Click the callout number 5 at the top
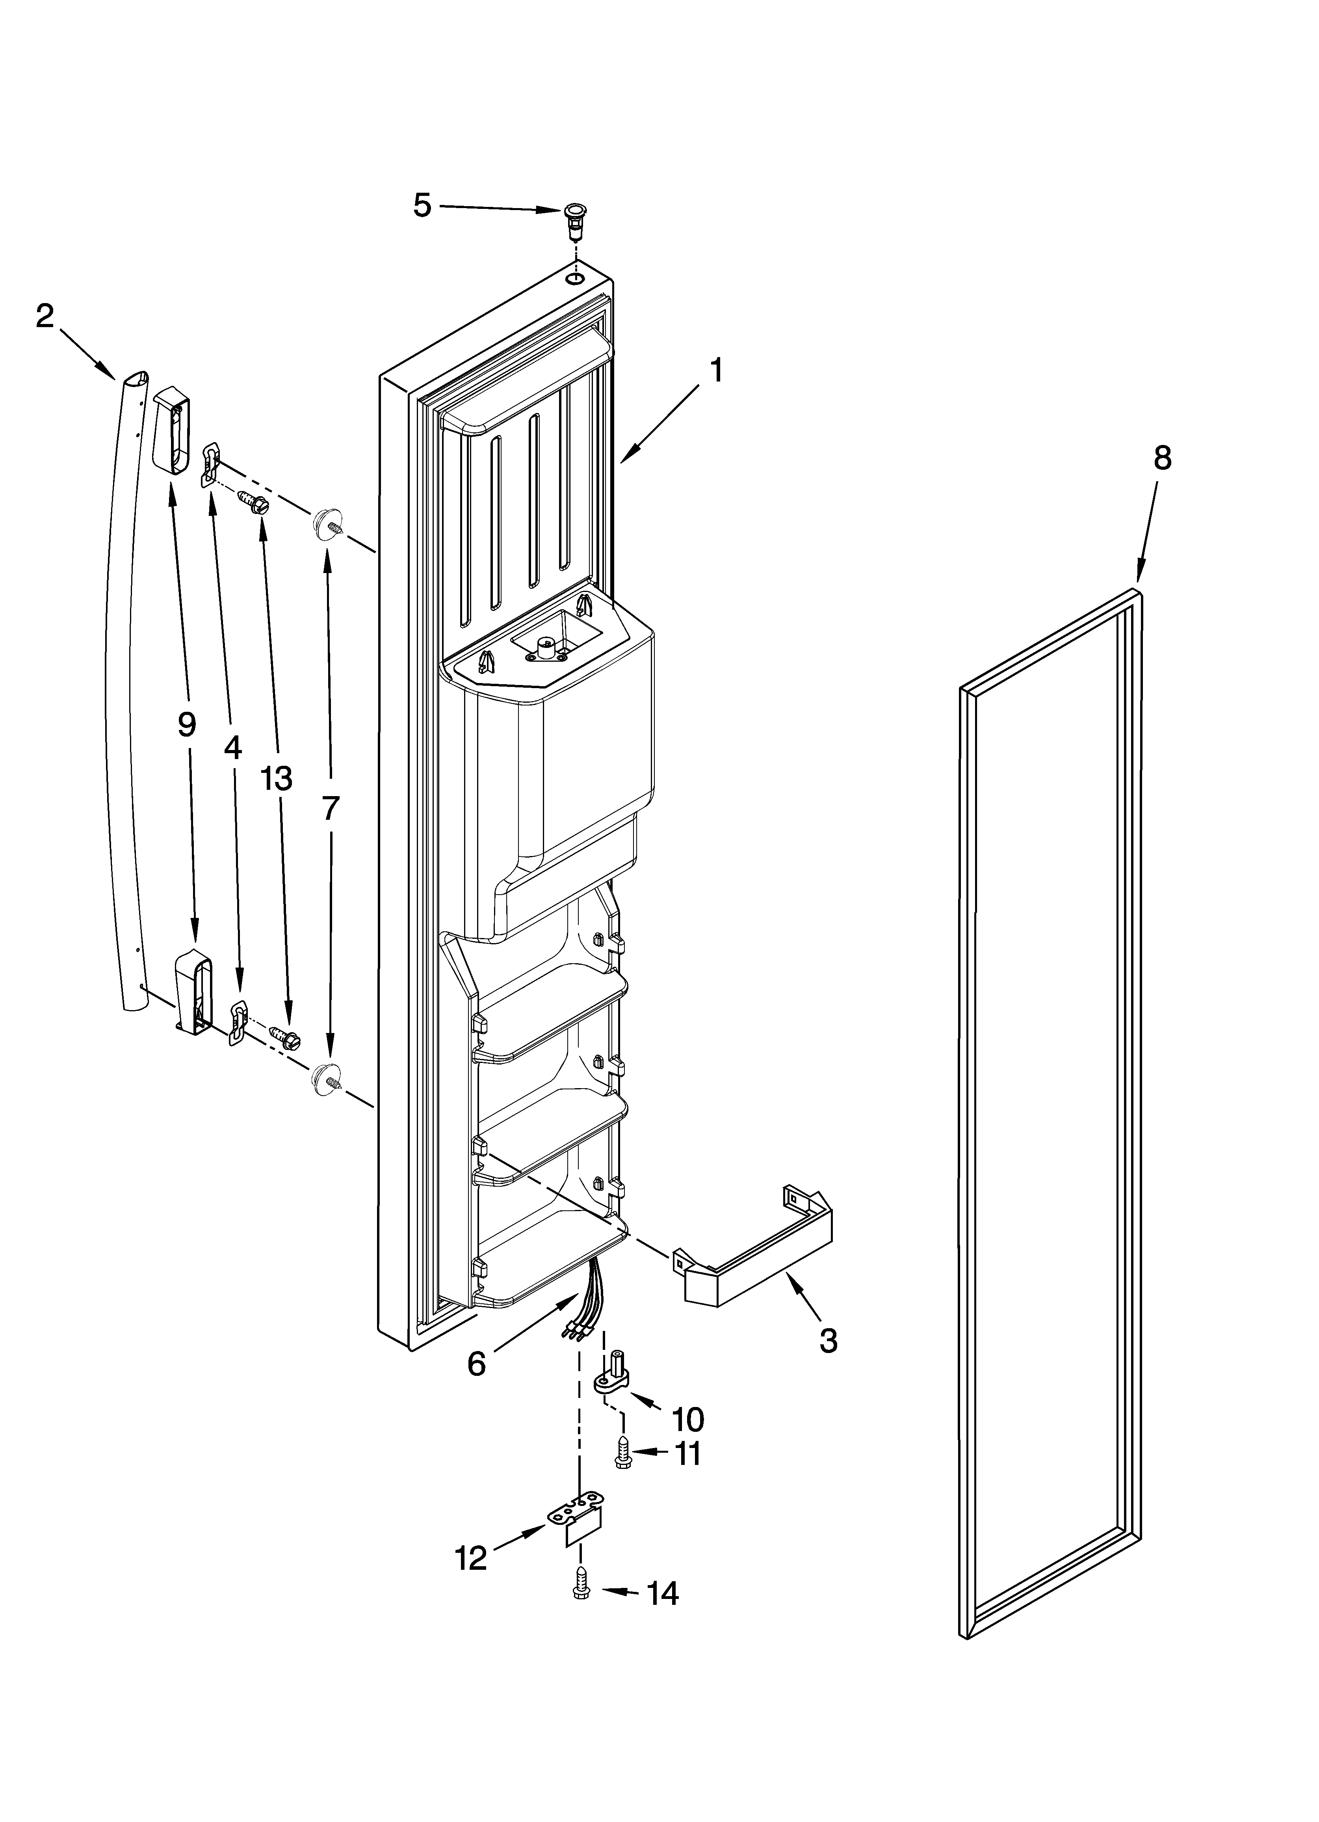click(x=423, y=206)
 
